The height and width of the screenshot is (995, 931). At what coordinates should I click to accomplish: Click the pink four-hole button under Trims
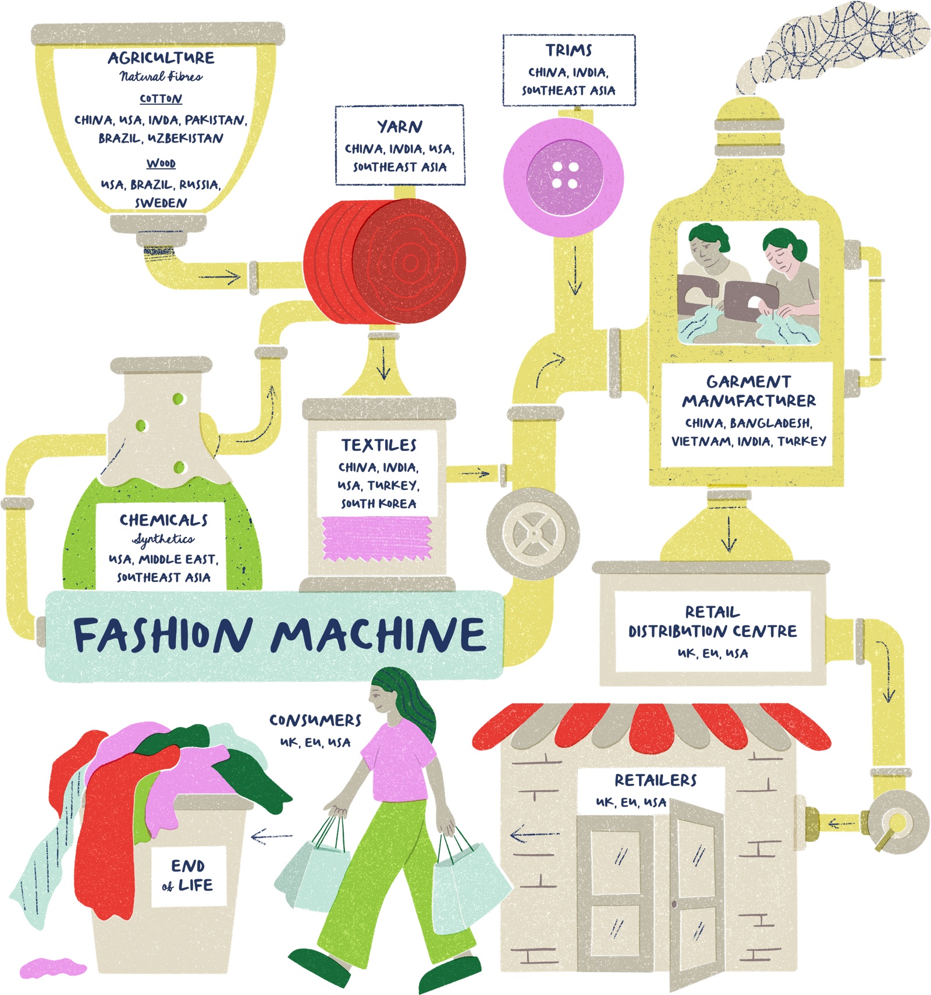[x=563, y=176]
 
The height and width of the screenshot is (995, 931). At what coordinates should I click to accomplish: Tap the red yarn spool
[x=385, y=261]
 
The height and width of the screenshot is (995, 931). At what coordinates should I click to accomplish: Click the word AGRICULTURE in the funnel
[x=161, y=58]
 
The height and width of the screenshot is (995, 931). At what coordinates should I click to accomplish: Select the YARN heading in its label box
[x=400, y=127]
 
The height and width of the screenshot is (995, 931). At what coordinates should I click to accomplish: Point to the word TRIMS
[x=568, y=51]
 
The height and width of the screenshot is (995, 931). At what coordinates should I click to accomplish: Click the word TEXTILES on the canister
[x=379, y=445]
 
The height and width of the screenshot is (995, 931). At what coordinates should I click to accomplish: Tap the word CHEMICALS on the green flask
[x=164, y=520]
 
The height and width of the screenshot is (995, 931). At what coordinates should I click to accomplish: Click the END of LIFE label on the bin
[x=188, y=876]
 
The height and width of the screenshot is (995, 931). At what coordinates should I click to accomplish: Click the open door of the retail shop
[x=695, y=890]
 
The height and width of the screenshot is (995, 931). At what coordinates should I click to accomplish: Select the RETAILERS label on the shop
[x=656, y=780]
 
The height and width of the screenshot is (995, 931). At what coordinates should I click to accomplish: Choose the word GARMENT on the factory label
[x=748, y=382]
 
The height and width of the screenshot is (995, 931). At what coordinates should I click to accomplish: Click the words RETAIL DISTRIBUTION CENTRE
[x=712, y=622]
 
